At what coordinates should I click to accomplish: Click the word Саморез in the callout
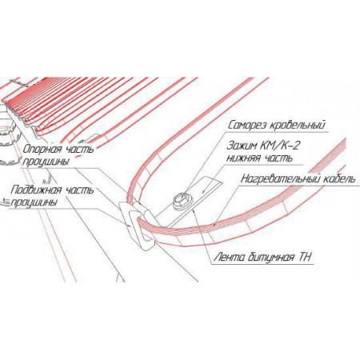[x=247, y=125]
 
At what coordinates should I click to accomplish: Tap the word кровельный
[x=297, y=126]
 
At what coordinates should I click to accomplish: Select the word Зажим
[x=242, y=146]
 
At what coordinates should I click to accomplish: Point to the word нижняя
[x=242, y=158]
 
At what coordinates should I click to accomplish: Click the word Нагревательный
[x=281, y=178]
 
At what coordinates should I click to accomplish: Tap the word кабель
[x=339, y=178]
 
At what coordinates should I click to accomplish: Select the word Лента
[x=229, y=258]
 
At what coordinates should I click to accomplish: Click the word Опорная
[x=42, y=150]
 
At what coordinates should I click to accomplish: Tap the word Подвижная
[x=36, y=190]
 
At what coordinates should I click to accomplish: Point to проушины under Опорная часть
[x=46, y=162]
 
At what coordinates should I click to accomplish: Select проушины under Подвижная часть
[x=34, y=203]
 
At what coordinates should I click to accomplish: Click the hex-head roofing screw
[x=181, y=202]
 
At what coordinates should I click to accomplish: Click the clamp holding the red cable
[x=137, y=223]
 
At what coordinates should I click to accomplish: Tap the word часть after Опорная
[x=79, y=150]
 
